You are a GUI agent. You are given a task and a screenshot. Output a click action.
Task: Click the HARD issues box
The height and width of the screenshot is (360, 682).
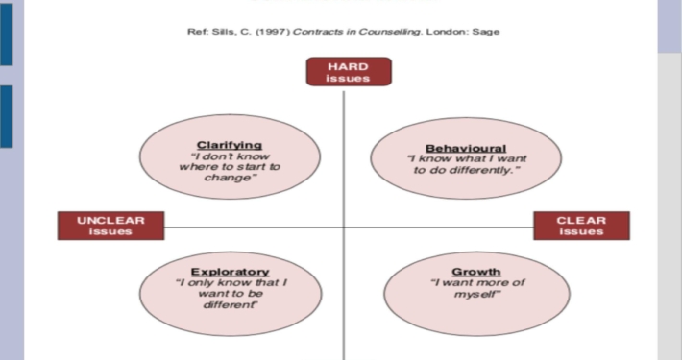[349, 72]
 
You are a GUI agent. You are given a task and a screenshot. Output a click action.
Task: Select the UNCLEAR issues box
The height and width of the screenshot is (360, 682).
[110, 226]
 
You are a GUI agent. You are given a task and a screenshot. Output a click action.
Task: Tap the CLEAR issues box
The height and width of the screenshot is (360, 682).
[581, 226]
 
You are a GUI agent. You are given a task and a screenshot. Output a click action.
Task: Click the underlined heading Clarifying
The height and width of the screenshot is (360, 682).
[230, 145]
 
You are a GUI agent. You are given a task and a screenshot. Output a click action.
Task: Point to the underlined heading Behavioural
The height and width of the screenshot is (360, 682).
[466, 148]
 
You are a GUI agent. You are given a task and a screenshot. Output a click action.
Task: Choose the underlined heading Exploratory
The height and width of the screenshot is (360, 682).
[231, 272]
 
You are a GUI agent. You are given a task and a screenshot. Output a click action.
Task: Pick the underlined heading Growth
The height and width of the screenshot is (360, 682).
[476, 272]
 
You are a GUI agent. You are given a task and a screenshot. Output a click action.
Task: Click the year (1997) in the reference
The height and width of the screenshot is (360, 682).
[273, 32]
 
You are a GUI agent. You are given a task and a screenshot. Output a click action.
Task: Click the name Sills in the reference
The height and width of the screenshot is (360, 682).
[223, 32]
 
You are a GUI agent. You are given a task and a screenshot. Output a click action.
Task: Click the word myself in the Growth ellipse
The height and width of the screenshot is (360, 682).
[476, 295]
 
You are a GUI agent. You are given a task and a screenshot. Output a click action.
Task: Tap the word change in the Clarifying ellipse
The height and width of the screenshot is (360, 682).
[228, 178]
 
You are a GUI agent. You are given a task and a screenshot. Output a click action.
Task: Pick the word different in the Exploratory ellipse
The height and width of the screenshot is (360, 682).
[230, 304]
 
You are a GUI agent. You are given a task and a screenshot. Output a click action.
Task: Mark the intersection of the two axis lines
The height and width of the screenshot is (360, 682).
[344, 227]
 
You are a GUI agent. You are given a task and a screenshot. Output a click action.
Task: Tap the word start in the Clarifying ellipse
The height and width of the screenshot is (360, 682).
[254, 167]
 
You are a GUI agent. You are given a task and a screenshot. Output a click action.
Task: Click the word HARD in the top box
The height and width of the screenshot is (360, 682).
[349, 66]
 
